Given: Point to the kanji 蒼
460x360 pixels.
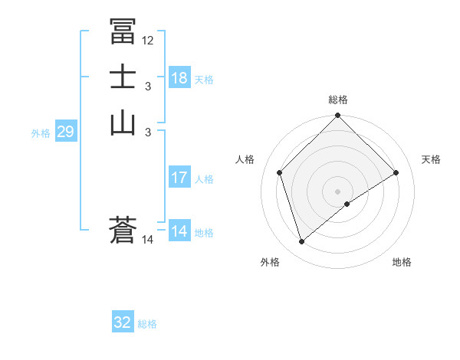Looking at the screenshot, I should coord(123,231).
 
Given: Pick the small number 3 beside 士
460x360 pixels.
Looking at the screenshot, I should coord(148,87).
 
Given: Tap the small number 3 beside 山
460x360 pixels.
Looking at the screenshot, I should coord(148,133).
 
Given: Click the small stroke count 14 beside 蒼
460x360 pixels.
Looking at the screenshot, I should coord(148,241).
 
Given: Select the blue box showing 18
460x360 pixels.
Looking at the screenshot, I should coord(179,78).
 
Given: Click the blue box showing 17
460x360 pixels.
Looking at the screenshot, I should coord(179,178).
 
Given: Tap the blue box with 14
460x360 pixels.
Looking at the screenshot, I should coord(179,231).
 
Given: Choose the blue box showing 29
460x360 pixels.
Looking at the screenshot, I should coord(65,132).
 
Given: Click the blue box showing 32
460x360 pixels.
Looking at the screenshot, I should coord(123,322).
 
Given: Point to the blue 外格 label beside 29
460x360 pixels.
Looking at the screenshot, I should coord(41,133).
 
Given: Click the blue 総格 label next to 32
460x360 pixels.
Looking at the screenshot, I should coord(147,324).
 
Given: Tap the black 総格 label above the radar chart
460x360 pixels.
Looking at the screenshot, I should coord(338,100).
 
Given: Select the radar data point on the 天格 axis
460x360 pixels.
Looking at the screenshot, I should coord(396,172).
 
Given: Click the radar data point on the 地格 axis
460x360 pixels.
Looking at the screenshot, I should coord(347,204).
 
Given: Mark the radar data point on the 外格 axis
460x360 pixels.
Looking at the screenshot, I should coord(301,242).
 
